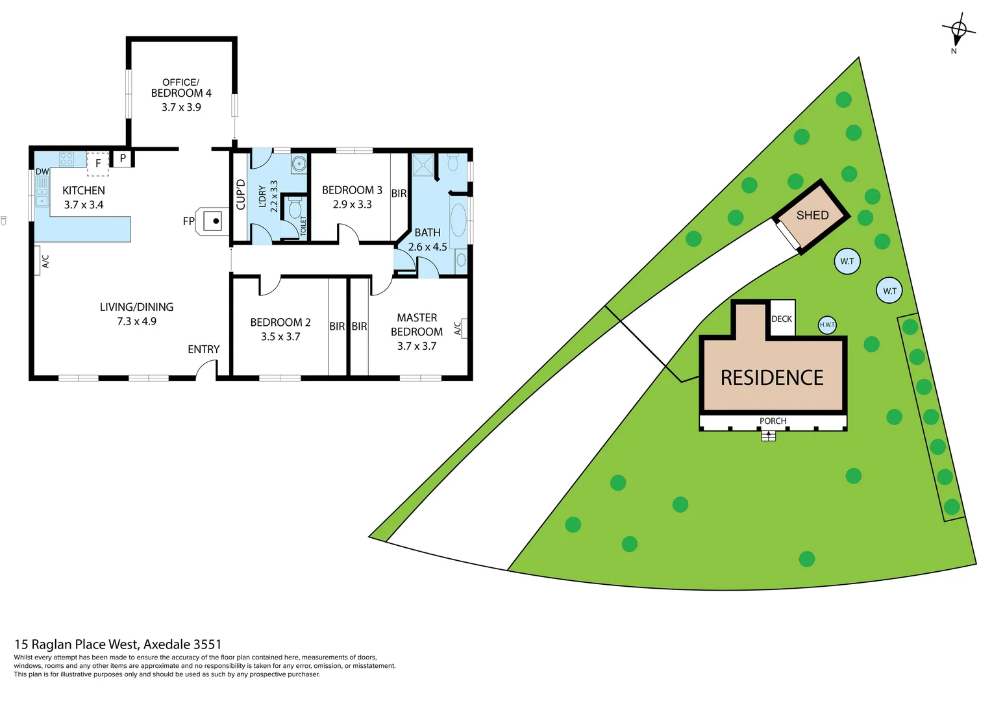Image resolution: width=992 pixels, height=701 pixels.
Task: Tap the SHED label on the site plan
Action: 812,215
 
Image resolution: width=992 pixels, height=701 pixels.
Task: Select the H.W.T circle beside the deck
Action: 827,325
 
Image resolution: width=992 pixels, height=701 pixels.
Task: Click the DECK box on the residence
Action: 782,319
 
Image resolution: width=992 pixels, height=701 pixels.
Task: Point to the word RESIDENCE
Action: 772,378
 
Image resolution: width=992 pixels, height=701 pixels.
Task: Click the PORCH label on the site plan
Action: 773,421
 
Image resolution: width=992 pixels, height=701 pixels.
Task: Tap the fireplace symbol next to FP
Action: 216,221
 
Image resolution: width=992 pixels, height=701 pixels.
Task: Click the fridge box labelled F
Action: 98,163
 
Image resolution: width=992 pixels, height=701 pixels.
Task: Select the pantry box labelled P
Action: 122,158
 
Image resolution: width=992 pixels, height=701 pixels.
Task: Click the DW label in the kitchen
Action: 42,172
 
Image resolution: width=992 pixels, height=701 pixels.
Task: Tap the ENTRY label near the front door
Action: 203,349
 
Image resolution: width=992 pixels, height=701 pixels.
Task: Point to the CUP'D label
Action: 240,194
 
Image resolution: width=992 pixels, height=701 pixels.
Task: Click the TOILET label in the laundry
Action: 303,226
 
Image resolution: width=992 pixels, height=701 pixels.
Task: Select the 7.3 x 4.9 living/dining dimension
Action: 136,321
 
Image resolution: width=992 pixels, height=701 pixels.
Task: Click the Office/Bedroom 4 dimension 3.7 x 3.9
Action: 181,107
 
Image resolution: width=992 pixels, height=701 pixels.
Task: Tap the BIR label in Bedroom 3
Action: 399,193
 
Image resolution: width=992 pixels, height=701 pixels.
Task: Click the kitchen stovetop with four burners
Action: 66,159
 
